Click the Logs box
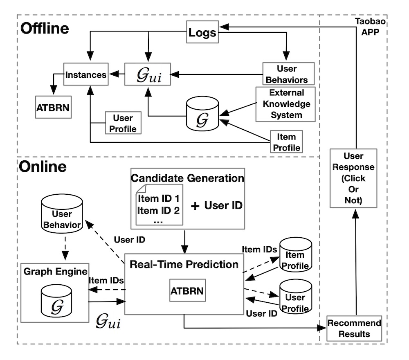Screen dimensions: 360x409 click(x=202, y=32)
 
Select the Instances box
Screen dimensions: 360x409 click(x=86, y=75)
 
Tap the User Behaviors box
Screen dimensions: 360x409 click(x=288, y=74)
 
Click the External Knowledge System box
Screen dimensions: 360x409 click(x=286, y=104)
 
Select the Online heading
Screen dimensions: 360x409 click(x=43, y=167)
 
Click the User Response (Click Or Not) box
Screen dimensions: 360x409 click(x=354, y=179)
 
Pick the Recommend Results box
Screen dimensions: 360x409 click(x=354, y=328)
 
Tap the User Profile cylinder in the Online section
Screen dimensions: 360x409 click(x=295, y=297)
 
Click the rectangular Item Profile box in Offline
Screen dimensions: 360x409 click(x=286, y=142)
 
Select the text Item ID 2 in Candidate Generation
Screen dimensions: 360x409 click(x=158, y=211)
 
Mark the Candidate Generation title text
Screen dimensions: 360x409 click(x=187, y=179)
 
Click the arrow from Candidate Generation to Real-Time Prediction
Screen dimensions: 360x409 click(x=185, y=241)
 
